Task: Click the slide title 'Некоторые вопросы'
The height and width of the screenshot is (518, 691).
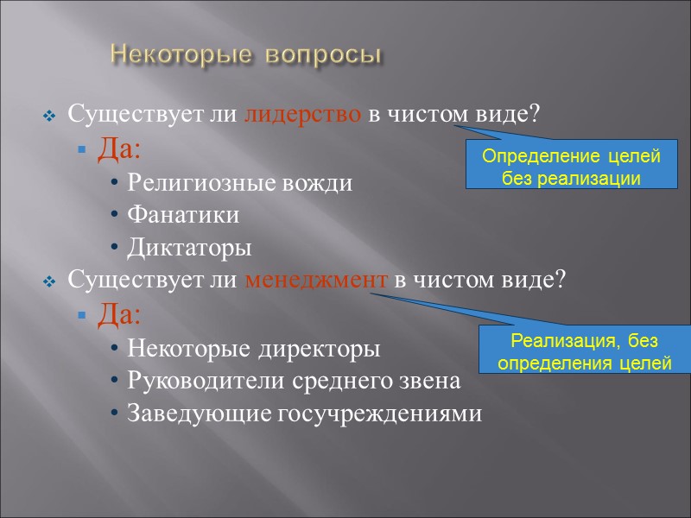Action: click(x=245, y=55)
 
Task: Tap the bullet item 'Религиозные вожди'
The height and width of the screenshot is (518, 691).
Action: click(x=239, y=183)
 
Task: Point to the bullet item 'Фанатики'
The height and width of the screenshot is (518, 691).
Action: click(x=183, y=215)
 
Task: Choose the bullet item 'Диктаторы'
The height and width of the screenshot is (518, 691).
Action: click(x=190, y=248)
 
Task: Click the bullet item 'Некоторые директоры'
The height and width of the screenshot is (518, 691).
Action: click(x=254, y=349)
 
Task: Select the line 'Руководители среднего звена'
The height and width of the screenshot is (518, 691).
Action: click(x=294, y=381)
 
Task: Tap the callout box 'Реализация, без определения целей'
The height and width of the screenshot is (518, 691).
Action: click(x=585, y=351)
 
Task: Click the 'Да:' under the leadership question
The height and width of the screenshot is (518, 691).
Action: click(x=119, y=149)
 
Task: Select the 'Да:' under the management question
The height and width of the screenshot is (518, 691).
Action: click(x=119, y=315)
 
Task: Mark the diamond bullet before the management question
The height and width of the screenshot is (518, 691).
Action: click(x=49, y=282)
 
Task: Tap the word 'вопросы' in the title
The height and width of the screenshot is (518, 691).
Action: click(x=322, y=55)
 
